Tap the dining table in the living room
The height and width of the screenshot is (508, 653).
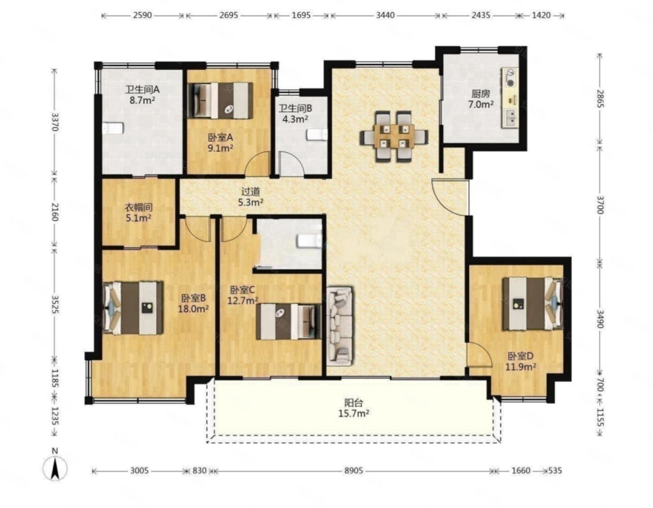pyautogui.click(x=394, y=137)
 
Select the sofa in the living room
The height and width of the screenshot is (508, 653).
pyautogui.click(x=340, y=326)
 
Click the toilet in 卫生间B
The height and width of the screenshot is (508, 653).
pyautogui.click(x=317, y=135)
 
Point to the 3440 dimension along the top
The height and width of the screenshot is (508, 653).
pyautogui.click(x=385, y=15)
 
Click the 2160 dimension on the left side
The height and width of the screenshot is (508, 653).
pyautogui.click(x=54, y=212)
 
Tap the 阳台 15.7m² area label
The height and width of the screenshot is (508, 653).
pyautogui.click(x=354, y=408)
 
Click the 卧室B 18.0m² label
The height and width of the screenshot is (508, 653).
pyautogui.click(x=195, y=303)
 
